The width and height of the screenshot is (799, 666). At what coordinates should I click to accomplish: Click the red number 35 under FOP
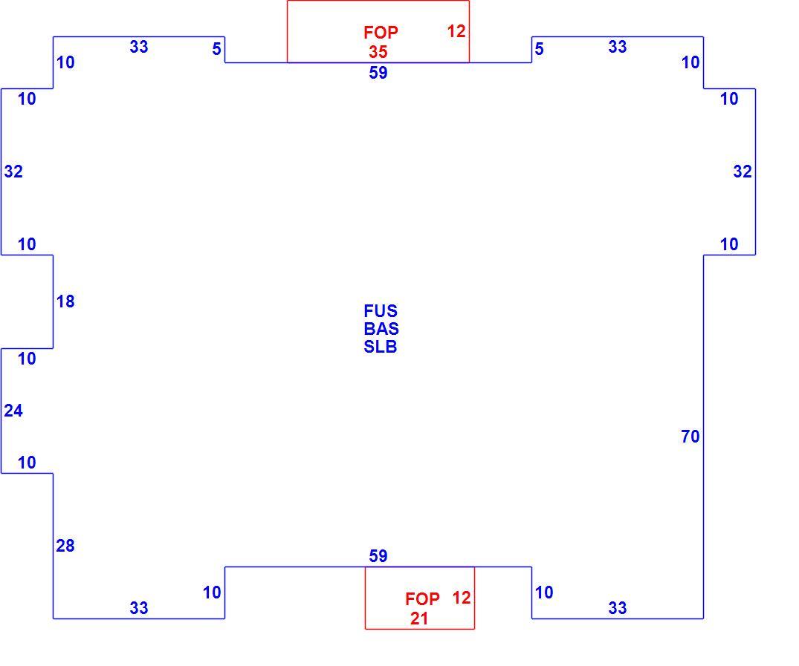(378, 52)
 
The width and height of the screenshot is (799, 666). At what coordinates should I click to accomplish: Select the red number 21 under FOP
(419, 618)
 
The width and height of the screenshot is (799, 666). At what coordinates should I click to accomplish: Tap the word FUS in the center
(381, 311)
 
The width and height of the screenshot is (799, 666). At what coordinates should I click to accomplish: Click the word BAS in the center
(381, 329)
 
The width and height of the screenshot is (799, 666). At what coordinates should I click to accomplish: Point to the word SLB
(380, 347)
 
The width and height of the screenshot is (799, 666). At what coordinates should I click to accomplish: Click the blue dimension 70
(690, 437)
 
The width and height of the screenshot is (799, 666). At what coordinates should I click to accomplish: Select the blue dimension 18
(65, 301)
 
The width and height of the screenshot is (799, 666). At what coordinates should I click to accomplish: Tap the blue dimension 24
(13, 411)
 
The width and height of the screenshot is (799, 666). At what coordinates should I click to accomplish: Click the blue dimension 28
(65, 546)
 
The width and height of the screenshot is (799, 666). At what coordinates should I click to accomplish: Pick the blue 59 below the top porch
(378, 73)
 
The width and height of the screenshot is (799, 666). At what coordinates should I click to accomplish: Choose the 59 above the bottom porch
(378, 556)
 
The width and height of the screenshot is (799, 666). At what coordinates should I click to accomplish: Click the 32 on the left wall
(13, 172)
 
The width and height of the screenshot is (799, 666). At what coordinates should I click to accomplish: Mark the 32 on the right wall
(743, 172)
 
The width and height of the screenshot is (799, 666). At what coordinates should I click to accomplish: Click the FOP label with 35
(381, 33)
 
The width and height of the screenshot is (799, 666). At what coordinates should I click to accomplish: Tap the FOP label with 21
(422, 598)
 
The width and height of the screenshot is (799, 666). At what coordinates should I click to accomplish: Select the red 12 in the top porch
(456, 32)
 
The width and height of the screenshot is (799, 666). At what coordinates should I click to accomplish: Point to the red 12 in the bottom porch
(461, 598)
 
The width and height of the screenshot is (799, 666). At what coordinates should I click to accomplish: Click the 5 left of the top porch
(216, 49)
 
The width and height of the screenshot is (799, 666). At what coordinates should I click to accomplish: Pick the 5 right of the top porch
(539, 49)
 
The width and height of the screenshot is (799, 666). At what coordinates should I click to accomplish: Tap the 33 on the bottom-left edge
(138, 608)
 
